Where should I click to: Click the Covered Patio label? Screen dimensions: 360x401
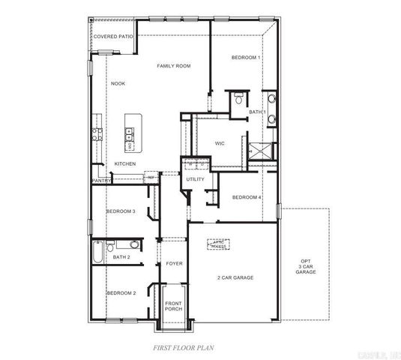coord(114,36)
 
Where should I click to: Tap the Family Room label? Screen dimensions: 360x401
coord(174,66)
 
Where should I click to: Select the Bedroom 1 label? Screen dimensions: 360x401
coord(246,58)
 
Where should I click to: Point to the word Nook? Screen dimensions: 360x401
coord(118,83)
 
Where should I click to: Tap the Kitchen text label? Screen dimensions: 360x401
coord(124,163)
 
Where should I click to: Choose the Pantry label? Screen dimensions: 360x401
coord(101,180)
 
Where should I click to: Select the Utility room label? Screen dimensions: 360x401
coord(195,179)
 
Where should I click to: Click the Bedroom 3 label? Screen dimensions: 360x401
coord(120,211)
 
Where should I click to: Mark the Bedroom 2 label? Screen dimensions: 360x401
coord(121,292)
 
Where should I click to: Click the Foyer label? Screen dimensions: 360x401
coord(174,263)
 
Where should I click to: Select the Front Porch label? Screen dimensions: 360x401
coord(174,306)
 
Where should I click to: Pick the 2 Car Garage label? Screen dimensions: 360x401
coord(235,277)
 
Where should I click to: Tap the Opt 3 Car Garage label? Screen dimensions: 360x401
coord(306,265)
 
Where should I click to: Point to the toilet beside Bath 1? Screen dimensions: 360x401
coord(238,97)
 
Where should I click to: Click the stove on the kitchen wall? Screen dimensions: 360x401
coord(97,135)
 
